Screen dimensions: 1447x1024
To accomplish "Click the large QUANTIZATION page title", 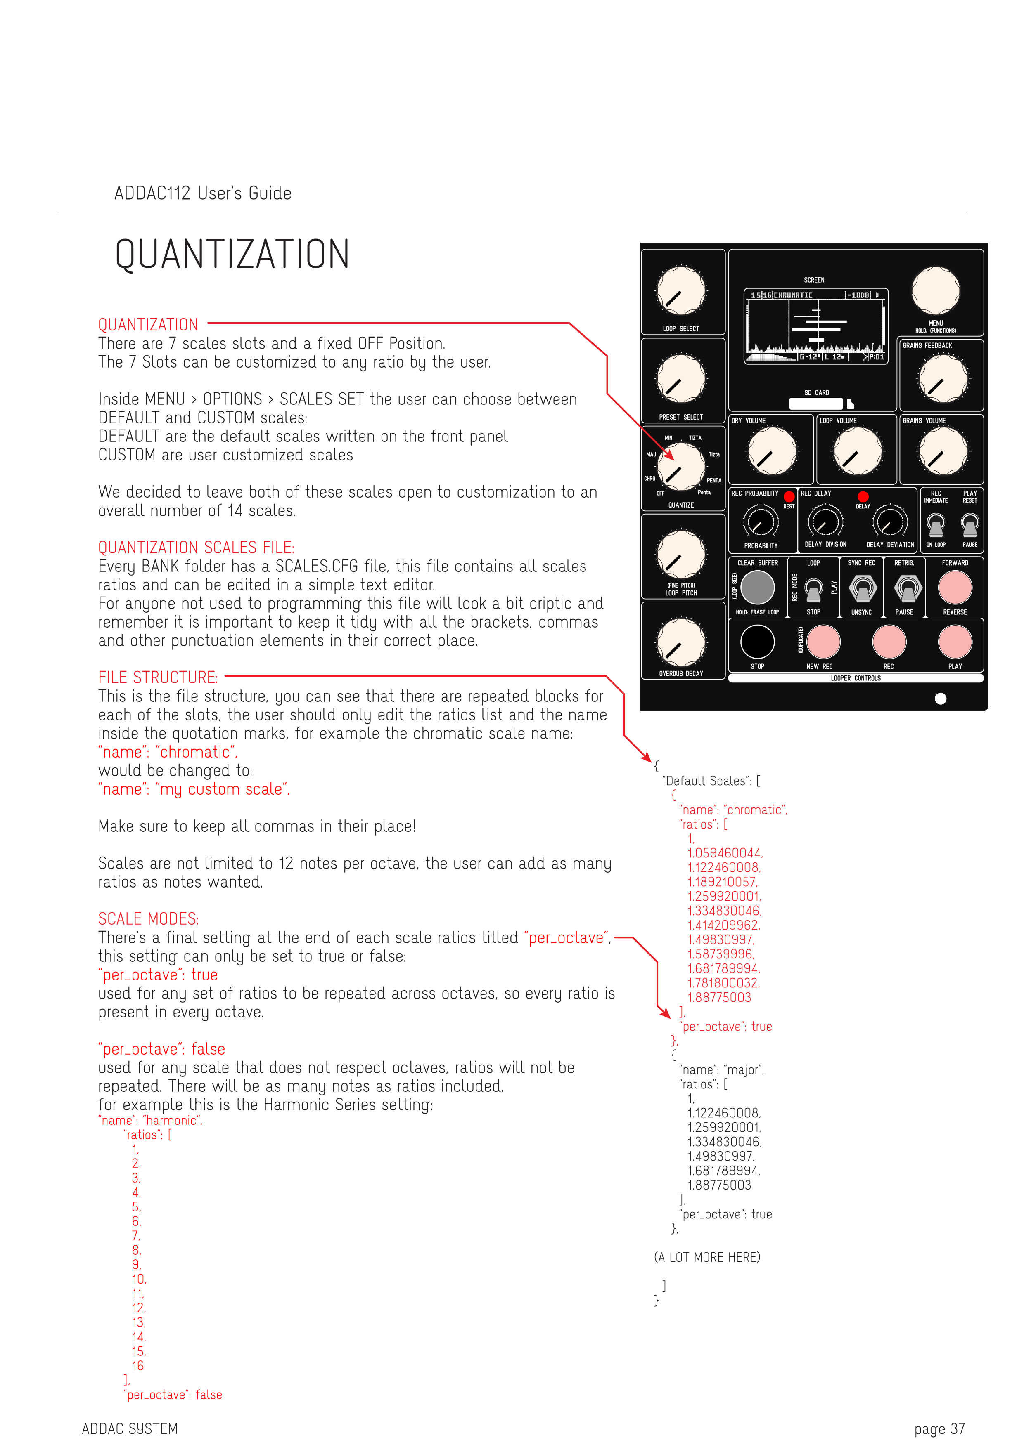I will (232, 255).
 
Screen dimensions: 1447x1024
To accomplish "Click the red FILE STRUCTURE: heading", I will (158, 677).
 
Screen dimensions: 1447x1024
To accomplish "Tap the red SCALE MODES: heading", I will (148, 919).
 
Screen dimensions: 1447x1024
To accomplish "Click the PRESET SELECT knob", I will (680, 379).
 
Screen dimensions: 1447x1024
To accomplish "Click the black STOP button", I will (757, 642).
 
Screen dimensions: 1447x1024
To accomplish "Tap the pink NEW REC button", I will (823, 642).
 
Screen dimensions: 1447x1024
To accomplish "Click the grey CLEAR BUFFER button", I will (757, 588).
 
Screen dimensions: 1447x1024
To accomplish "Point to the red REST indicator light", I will (788, 497).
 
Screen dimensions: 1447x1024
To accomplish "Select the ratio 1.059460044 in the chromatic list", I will (725, 853).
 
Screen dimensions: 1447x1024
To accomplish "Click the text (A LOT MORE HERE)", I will (707, 1257).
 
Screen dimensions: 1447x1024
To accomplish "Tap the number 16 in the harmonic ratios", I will (137, 1366).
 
